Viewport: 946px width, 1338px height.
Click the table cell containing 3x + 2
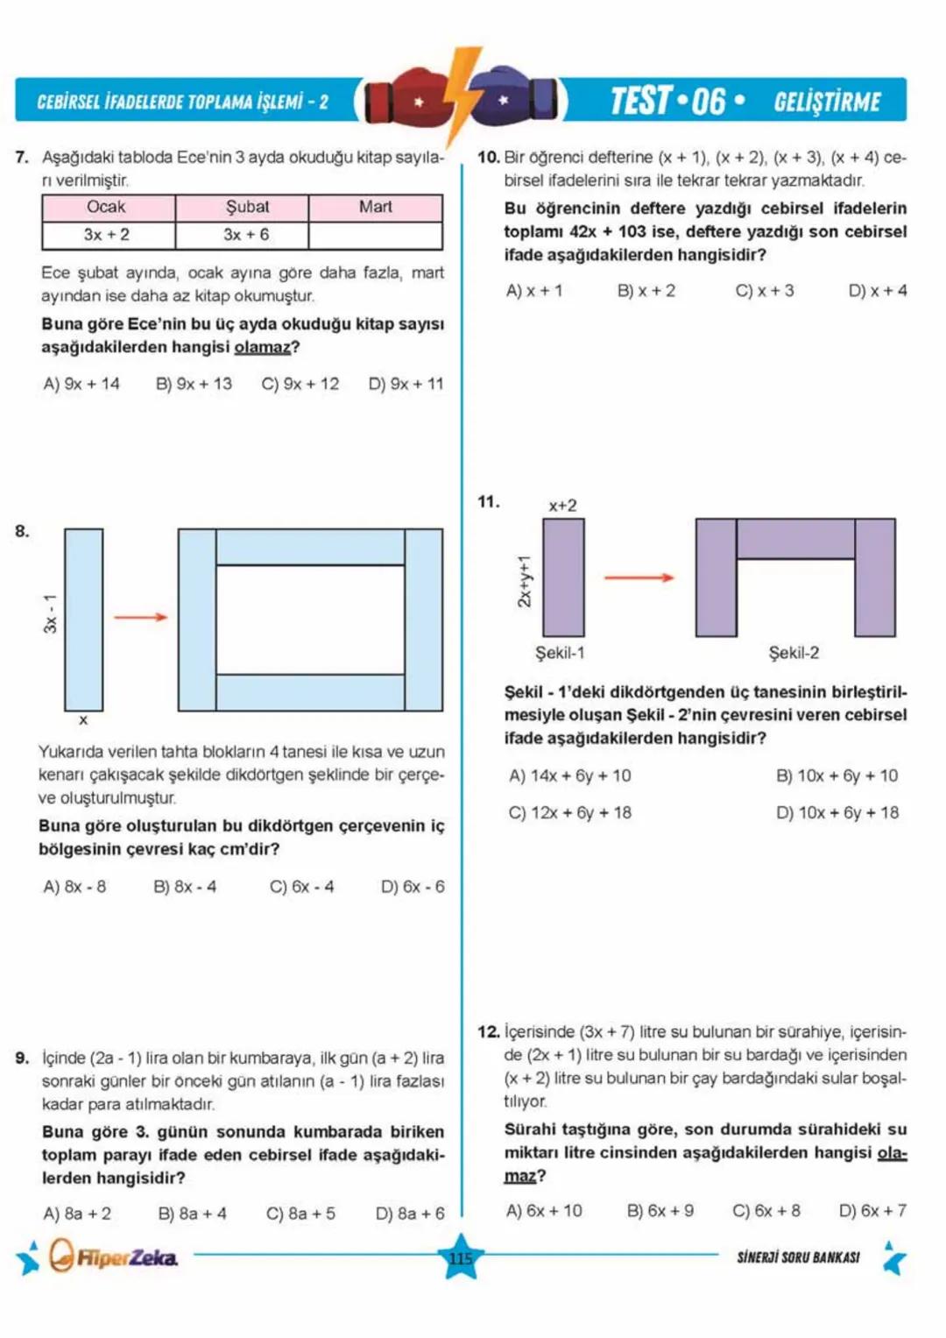point(108,235)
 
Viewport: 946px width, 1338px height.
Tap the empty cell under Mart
point(375,235)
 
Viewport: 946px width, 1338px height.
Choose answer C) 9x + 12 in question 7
point(300,384)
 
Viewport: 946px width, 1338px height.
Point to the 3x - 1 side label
point(51,613)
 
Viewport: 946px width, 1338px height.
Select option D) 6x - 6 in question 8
point(412,887)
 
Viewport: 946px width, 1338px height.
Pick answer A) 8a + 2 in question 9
point(77,1214)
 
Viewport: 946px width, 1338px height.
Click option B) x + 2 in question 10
point(646,291)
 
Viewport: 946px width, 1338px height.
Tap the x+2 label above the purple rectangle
point(562,506)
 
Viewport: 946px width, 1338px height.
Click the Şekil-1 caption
point(560,653)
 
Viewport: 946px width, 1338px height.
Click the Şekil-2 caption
point(794,653)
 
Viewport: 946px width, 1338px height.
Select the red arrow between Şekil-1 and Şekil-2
point(639,577)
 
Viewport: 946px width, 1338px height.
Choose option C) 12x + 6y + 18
point(570,812)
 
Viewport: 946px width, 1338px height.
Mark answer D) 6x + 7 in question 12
point(872,1211)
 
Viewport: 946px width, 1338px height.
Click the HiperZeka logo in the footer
point(114,1257)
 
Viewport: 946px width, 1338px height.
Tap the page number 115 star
point(461,1258)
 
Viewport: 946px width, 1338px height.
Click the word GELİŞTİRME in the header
point(827,102)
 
